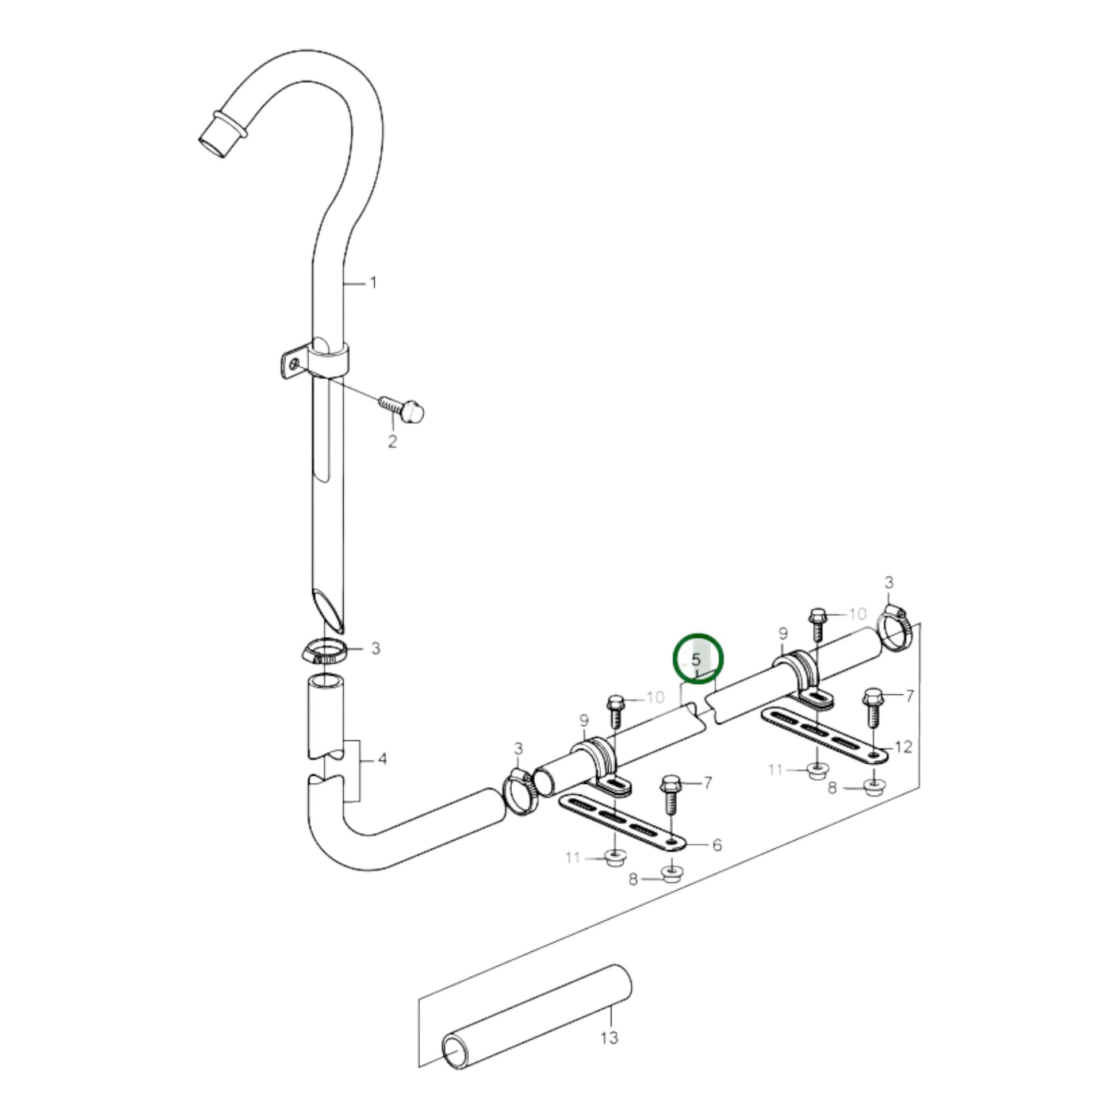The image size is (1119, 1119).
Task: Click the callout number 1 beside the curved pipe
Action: click(374, 283)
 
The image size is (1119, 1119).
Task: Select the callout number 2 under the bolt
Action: click(393, 442)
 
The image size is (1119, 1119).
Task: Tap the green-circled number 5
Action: click(696, 659)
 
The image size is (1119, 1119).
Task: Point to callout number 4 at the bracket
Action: click(382, 758)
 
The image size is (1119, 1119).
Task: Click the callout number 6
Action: click(717, 845)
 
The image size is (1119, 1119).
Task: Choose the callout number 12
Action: click(903, 747)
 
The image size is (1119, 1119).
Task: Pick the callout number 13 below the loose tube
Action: click(610, 1037)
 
